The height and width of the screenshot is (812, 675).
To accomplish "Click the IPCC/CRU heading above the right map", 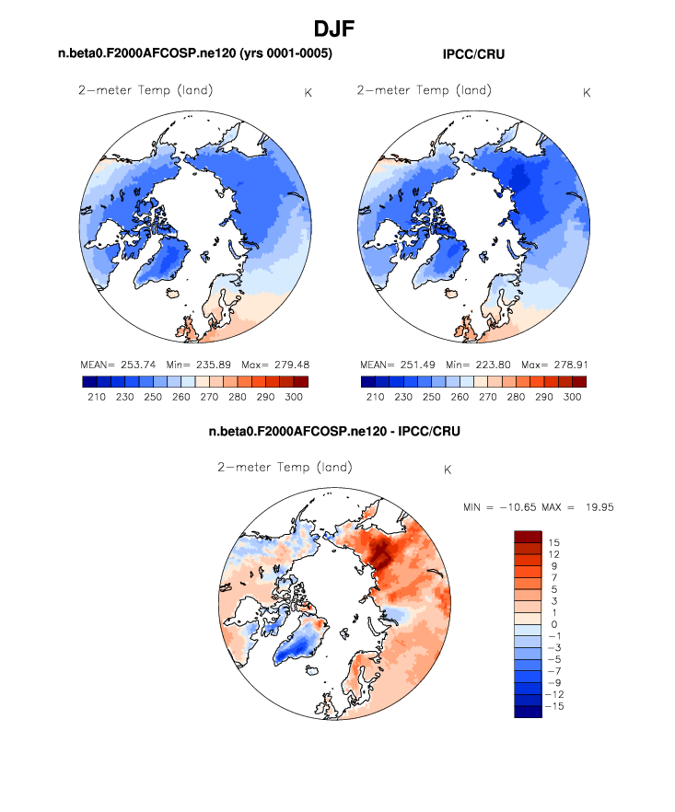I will pos(473,55).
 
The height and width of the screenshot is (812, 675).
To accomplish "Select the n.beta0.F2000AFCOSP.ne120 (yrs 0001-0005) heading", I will pos(194,55).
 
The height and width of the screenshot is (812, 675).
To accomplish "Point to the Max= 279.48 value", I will pos(275,364).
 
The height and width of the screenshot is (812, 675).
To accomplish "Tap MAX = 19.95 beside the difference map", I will pos(576,507).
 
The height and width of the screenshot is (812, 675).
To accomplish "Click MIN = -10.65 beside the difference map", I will pos(501,507).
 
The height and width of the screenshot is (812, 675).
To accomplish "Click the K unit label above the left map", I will pos(307,92).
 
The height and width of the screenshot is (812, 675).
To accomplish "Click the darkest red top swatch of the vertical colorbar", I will pos(528,536).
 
